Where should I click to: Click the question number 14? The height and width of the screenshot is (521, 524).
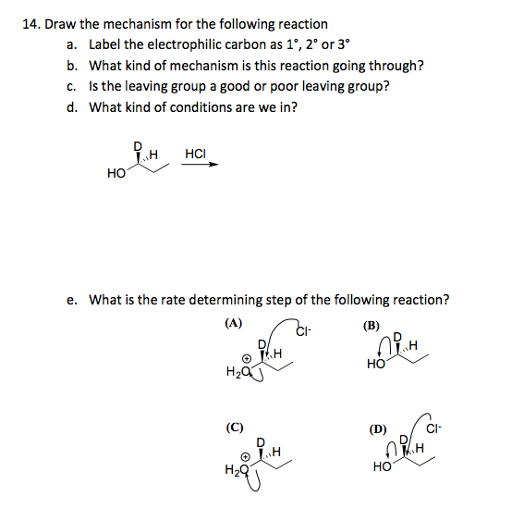28,24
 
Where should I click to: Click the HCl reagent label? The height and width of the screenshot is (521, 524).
196,153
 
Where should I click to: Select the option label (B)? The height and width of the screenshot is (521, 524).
372,325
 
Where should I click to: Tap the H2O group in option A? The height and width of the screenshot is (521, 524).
236,372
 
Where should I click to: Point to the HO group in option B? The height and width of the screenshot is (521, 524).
375,366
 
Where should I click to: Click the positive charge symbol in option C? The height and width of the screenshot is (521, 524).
246,455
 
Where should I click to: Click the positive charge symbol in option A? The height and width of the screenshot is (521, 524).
246,360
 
